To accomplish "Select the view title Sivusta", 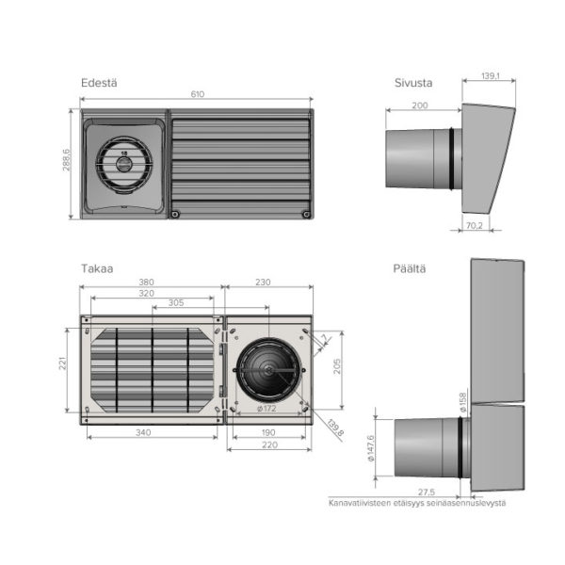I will point(412,83).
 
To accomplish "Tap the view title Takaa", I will point(96,268).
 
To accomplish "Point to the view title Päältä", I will point(410,268).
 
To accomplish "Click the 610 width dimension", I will point(197,94).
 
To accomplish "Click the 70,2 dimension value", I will point(473,226).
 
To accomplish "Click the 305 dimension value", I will point(176,304).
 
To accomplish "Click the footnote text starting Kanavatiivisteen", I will point(417,502).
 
